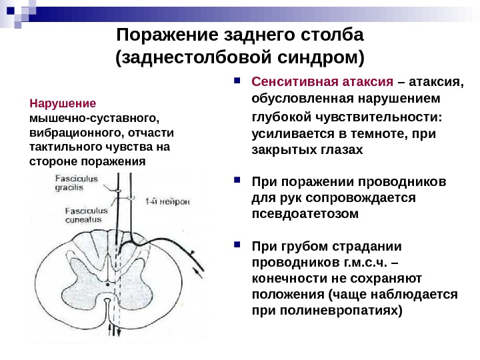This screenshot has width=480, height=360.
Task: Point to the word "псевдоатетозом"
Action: tap(305, 215)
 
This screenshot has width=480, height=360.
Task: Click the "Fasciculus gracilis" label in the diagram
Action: tap(77, 183)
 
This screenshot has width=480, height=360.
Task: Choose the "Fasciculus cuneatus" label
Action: tap(83, 215)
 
